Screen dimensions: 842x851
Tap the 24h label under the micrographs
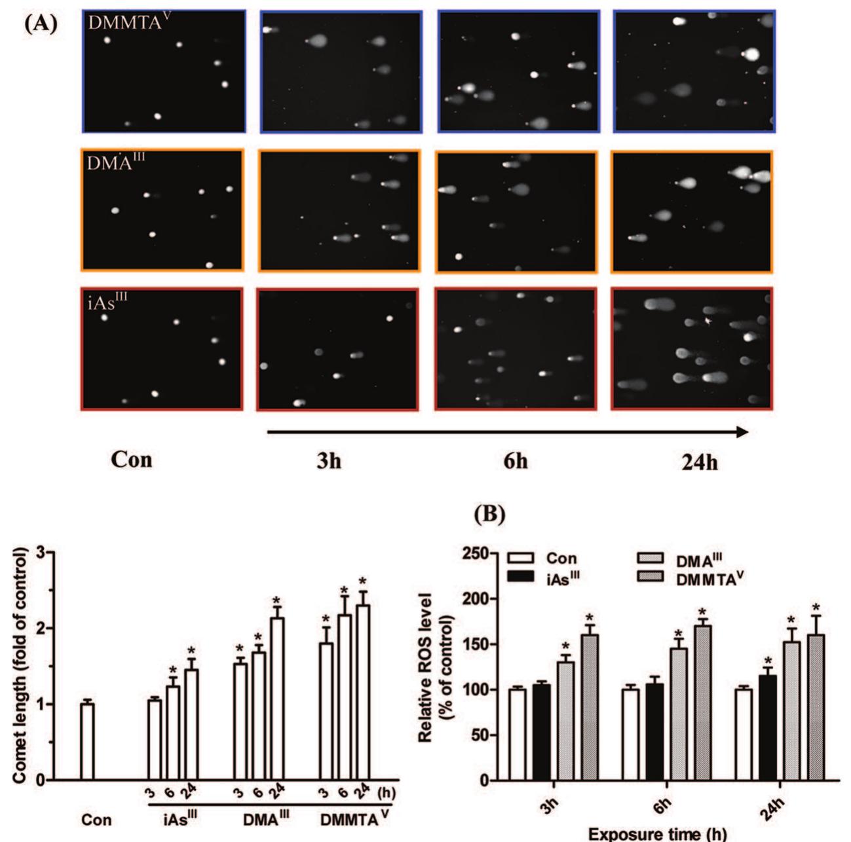699,462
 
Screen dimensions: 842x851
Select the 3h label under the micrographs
326,461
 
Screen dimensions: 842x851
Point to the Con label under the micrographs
131,460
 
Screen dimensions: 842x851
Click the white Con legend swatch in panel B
523,558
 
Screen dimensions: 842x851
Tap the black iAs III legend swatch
523,576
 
